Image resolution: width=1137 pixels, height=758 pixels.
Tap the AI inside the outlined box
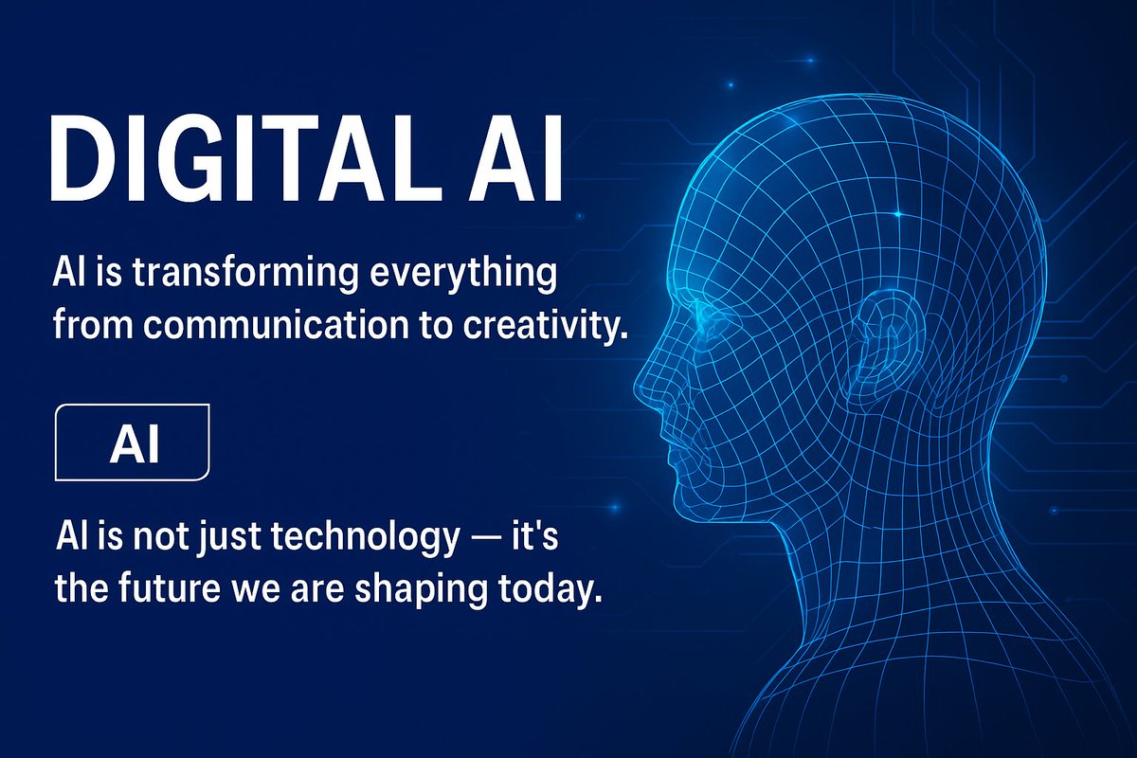coord(134,444)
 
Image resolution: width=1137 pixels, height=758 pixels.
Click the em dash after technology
coord(490,541)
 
